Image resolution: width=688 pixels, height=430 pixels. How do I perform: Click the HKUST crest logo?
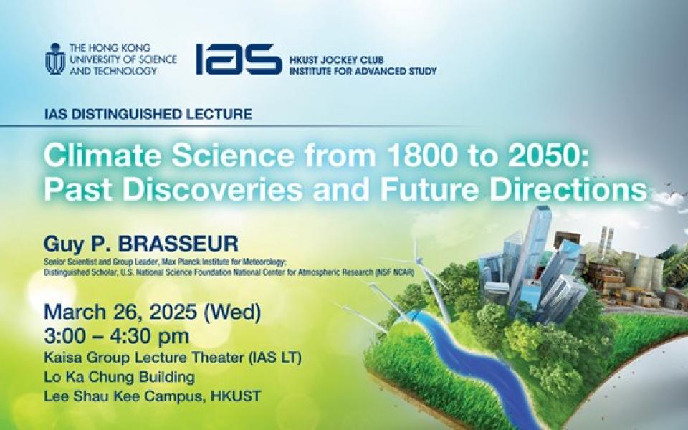pyautogui.click(x=55, y=59)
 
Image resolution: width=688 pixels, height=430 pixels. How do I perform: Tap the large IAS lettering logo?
pyautogui.click(x=239, y=59)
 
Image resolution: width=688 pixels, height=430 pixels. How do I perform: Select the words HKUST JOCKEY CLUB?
pyautogui.click(x=337, y=59)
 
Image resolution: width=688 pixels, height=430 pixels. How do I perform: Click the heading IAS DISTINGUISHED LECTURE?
pyautogui.click(x=148, y=114)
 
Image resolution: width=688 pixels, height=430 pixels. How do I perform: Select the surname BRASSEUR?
pyautogui.click(x=178, y=244)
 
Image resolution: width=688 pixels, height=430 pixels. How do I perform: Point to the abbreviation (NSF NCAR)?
pyautogui.click(x=394, y=272)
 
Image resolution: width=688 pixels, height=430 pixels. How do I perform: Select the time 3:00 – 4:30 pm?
pyautogui.click(x=117, y=336)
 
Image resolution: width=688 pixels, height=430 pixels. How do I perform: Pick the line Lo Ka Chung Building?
pyautogui.click(x=120, y=377)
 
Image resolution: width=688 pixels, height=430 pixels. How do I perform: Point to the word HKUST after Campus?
pyautogui.click(x=236, y=396)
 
